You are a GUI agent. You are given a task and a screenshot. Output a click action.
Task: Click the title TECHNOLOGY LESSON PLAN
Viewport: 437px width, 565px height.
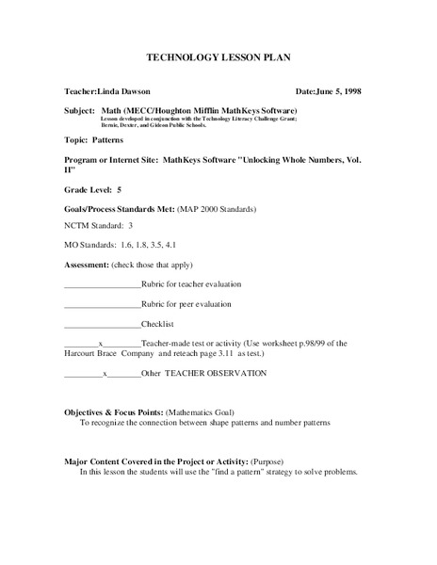click(x=218, y=57)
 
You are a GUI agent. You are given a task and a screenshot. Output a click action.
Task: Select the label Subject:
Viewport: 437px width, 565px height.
click(x=79, y=110)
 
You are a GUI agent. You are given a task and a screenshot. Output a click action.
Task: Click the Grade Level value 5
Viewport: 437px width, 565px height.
click(x=120, y=190)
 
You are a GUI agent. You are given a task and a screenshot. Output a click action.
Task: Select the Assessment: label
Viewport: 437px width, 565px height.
click(x=87, y=266)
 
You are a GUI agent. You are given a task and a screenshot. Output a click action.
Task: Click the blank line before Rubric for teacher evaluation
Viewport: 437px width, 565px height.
click(x=102, y=284)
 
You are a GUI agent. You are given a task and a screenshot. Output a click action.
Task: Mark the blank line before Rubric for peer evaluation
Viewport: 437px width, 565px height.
click(x=102, y=304)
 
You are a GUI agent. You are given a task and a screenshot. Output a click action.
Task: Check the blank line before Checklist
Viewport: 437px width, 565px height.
click(x=102, y=325)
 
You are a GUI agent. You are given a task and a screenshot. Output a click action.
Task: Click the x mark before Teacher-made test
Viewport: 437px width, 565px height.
click(x=100, y=344)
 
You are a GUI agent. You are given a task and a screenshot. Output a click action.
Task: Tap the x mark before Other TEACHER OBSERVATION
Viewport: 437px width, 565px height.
click(x=105, y=373)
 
